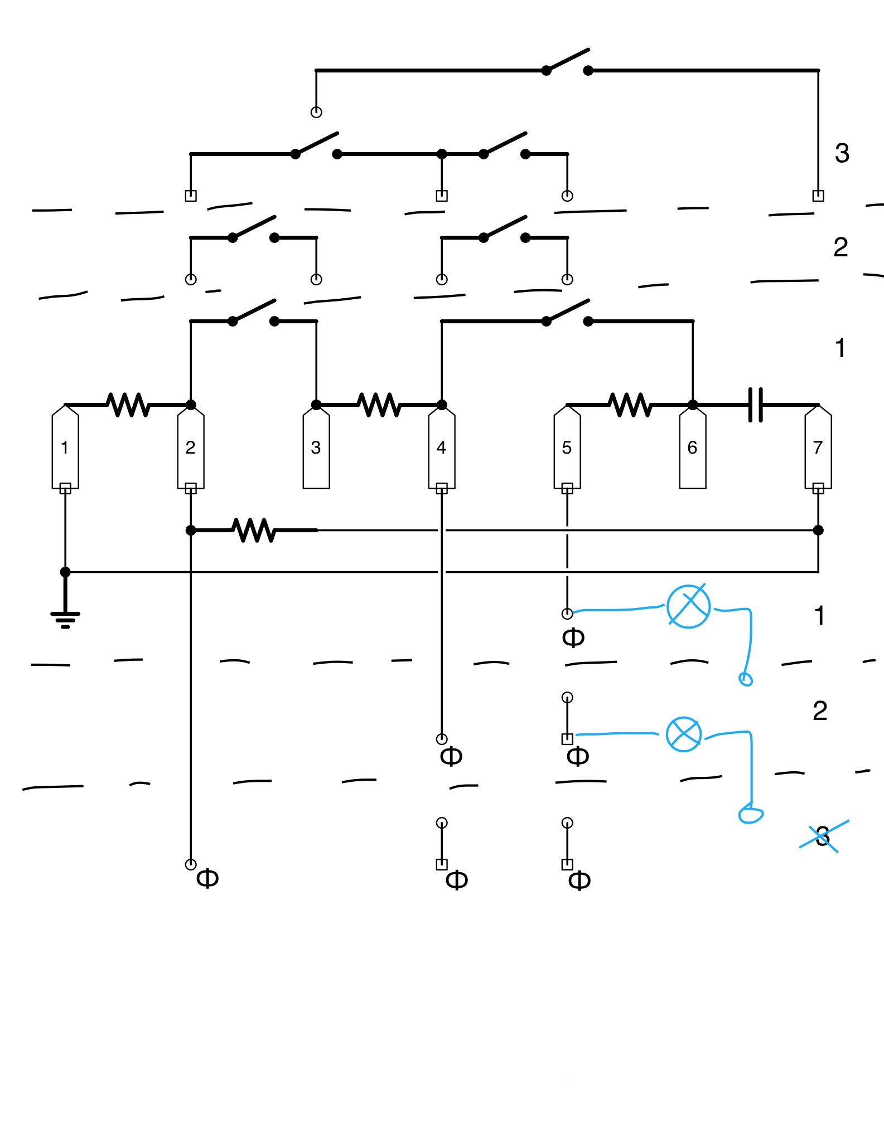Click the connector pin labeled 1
[x=65, y=447]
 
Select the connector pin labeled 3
[x=316, y=447]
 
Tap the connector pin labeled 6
[x=693, y=447]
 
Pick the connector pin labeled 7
[x=818, y=447]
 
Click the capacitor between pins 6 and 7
[x=756, y=405]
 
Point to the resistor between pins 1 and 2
[x=129, y=405]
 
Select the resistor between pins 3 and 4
[x=380, y=405]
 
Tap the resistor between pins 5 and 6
[x=631, y=405]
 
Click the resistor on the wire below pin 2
[x=254, y=531]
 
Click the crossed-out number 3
[x=823, y=836]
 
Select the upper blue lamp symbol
[x=689, y=606]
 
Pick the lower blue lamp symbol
[x=684, y=734]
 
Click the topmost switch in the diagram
[x=567, y=62]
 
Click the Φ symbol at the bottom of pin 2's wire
[x=207, y=879]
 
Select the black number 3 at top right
[x=842, y=153]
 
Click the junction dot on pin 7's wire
[x=818, y=530]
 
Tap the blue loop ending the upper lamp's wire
[x=746, y=679]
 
